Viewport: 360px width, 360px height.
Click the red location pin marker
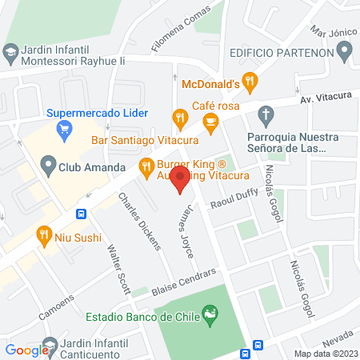coord(181,180)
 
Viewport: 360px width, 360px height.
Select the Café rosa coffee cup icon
coord(211,122)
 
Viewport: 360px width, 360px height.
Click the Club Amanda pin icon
coord(46,168)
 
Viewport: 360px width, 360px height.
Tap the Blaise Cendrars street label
coord(184,284)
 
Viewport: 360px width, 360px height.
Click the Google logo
coord(27,350)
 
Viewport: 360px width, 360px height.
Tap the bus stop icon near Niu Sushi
coord(82,214)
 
